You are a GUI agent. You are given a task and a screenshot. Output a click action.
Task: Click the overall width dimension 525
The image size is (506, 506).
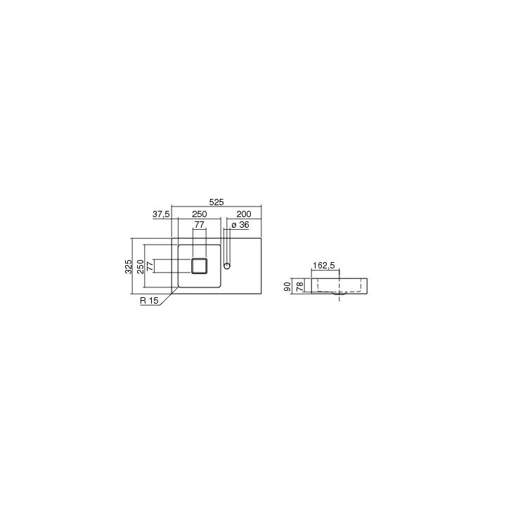[x=216, y=202]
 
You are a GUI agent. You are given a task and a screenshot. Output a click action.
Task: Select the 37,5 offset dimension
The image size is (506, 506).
[x=161, y=214]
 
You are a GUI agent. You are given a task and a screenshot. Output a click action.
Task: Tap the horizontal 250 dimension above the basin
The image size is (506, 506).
[x=199, y=214]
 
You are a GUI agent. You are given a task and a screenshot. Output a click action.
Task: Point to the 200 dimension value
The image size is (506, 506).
[x=244, y=214]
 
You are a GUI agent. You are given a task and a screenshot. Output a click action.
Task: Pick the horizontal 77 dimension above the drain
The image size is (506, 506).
[x=199, y=225]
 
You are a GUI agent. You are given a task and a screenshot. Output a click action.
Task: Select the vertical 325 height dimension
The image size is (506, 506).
[x=129, y=266]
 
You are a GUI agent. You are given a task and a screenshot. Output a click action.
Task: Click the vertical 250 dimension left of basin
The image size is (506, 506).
[x=141, y=266]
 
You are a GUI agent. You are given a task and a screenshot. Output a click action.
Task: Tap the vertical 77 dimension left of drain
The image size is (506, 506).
[x=150, y=266]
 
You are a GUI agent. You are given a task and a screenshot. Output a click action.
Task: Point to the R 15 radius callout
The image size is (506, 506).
[x=148, y=301]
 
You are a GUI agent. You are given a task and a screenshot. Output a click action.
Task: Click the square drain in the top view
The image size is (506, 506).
[x=200, y=266]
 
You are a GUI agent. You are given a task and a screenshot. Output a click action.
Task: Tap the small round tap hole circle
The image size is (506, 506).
[x=227, y=266]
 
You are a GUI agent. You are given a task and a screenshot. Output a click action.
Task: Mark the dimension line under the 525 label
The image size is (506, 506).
[x=216, y=207]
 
